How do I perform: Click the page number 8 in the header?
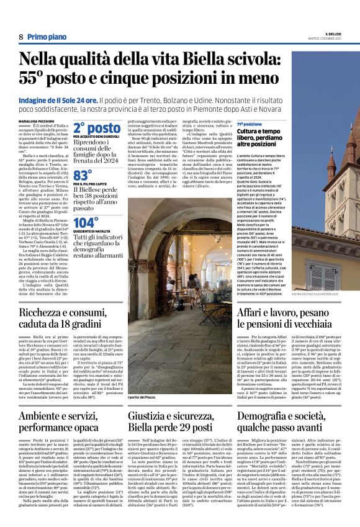(21, 37)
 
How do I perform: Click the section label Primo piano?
(47, 37)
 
